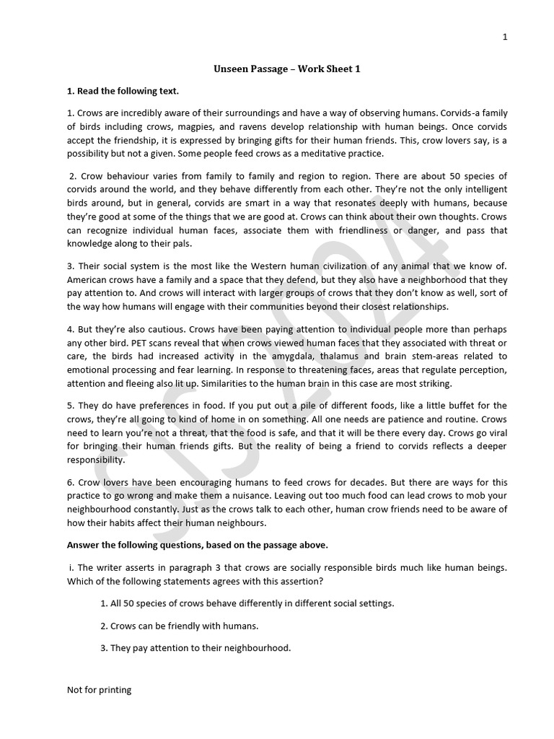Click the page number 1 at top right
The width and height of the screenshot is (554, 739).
pyautogui.click(x=505, y=38)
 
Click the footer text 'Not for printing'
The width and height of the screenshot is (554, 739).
pyautogui.click(x=99, y=690)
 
